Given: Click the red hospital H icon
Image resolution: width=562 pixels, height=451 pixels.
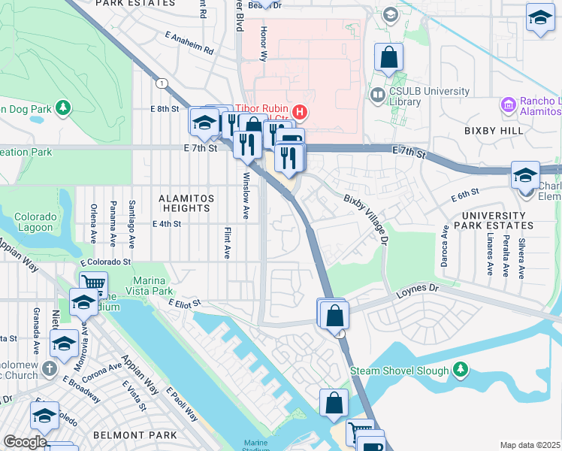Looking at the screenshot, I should click(301, 113).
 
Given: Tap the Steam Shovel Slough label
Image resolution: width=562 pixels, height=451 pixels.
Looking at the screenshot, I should click(399, 371).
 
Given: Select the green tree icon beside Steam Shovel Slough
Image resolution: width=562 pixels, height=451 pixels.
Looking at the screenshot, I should click(460, 370).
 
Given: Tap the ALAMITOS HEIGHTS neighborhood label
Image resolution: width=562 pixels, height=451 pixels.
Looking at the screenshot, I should click(185, 203).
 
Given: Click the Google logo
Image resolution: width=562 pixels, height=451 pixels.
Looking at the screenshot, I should click(24, 442).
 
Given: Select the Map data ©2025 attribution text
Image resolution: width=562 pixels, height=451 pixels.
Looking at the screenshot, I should click(530, 445).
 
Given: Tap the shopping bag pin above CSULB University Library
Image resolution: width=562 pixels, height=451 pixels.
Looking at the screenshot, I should click(389, 58).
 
